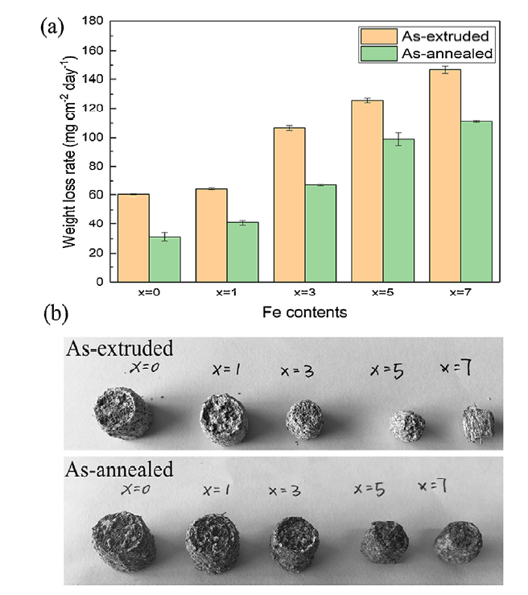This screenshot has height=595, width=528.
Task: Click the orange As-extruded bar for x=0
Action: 134,238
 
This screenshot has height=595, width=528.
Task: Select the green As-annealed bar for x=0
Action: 164,259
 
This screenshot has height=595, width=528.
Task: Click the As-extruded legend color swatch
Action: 377,36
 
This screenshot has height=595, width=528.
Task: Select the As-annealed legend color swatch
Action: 377,54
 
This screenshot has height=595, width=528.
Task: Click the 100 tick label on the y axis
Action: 96,138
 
